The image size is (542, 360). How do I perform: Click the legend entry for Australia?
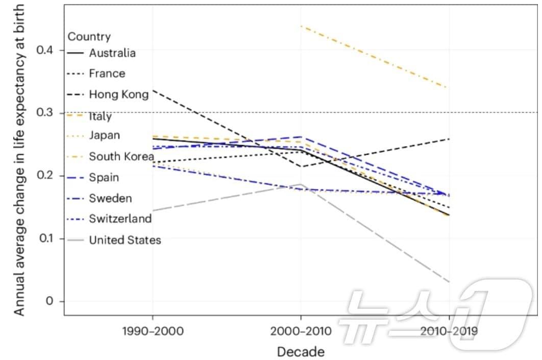112,53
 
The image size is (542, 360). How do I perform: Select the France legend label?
107,74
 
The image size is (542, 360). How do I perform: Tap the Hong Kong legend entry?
118,94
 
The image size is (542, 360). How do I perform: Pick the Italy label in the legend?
100,116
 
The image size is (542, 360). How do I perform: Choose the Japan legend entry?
105,136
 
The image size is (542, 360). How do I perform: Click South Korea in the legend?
121,156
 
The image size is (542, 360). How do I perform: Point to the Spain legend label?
104,178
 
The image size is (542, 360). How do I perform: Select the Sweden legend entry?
110,198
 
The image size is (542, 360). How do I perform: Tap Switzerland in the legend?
120,219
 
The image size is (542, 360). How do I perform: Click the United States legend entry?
125,240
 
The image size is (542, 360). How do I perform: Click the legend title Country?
89,37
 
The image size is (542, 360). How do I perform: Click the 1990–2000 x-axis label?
153,331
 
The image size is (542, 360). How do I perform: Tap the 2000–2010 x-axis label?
301,331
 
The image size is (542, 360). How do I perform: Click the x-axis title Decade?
301,352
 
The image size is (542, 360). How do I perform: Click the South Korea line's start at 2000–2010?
301,26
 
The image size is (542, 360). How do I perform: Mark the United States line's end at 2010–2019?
449,281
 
